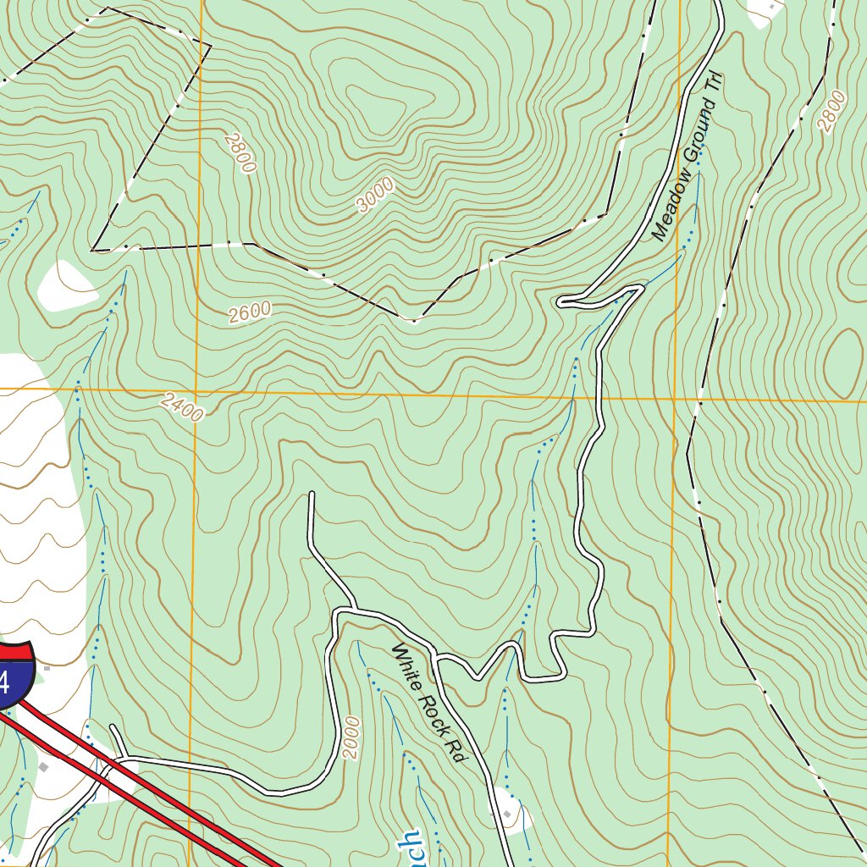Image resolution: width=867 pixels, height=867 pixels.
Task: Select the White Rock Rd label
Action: (x=428, y=703)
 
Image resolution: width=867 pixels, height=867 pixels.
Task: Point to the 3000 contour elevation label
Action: (x=375, y=195)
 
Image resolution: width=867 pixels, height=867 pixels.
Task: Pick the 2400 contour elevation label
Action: (x=182, y=408)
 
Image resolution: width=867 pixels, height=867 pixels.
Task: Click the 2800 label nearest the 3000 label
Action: (x=240, y=152)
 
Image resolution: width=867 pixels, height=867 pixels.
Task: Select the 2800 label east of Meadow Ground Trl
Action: (x=831, y=111)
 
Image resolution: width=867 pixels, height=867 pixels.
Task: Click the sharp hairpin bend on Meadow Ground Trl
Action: (x=562, y=301)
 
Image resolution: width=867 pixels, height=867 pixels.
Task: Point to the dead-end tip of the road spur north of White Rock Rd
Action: (x=312, y=494)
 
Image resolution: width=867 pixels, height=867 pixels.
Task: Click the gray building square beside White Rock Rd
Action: (x=505, y=814)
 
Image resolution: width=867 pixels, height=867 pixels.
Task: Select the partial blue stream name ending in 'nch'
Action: (x=409, y=847)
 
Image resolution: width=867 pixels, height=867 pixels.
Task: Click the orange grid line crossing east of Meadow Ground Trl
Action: (x=675, y=397)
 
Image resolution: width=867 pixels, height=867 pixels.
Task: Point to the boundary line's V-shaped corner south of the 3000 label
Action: (x=414, y=322)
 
